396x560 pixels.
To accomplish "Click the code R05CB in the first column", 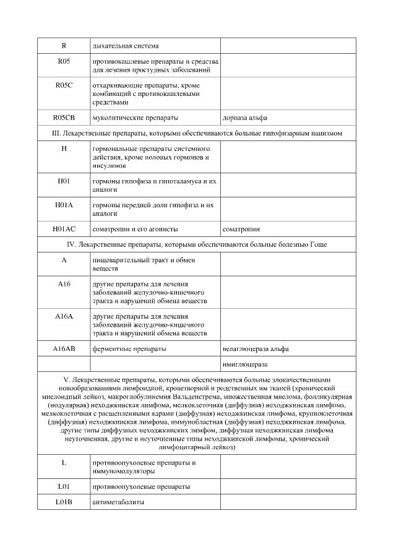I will [x=64, y=117].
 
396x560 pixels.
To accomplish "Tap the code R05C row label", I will [x=64, y=85].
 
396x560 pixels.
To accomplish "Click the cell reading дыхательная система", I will [x=125, y=46].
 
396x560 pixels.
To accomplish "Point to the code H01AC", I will [x=64, y=228].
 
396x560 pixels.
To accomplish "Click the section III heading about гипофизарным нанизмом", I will [x=196, y=133].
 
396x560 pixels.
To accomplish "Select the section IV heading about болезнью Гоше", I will [x=196, y=244].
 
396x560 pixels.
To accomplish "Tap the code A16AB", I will [x=64, y=348].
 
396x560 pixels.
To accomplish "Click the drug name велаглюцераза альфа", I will [x=256, y=348].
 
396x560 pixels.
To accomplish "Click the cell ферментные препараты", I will [x=129, y=348].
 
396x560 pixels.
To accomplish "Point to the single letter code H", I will [x=64, y=149].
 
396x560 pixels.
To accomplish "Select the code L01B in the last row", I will [x=64, y=502].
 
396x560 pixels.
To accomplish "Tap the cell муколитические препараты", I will [x=135, y=117].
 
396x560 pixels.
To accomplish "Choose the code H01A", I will [x=64, y=205].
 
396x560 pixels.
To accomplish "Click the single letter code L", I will [x=64, y=462].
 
